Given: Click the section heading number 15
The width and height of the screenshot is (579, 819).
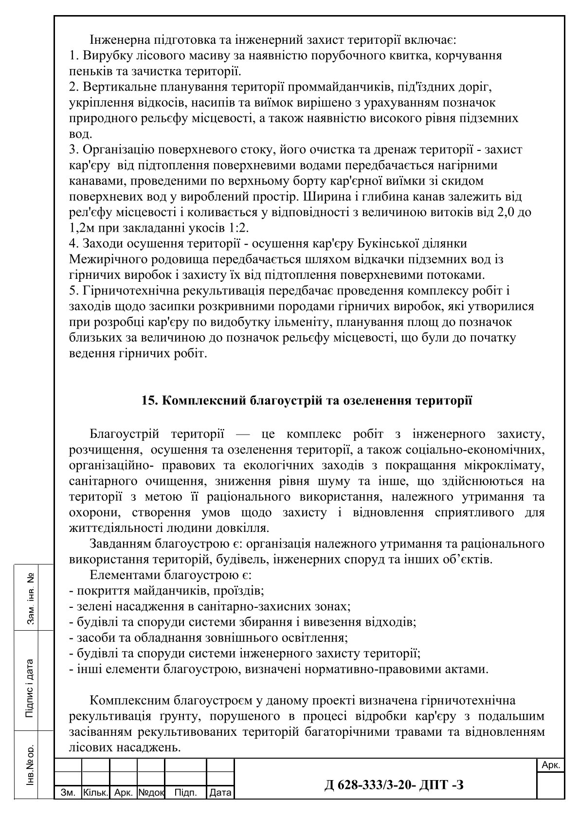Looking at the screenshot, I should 147,401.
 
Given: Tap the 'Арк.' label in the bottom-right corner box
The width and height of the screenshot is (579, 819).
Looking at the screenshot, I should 551,765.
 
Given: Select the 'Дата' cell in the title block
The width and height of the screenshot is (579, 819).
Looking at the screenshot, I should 220,793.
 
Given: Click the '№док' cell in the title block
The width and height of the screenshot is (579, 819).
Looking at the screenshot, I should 151,793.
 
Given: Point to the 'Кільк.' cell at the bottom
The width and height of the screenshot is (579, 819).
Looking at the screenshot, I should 95,793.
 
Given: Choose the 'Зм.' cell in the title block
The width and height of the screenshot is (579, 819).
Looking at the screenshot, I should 68,793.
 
